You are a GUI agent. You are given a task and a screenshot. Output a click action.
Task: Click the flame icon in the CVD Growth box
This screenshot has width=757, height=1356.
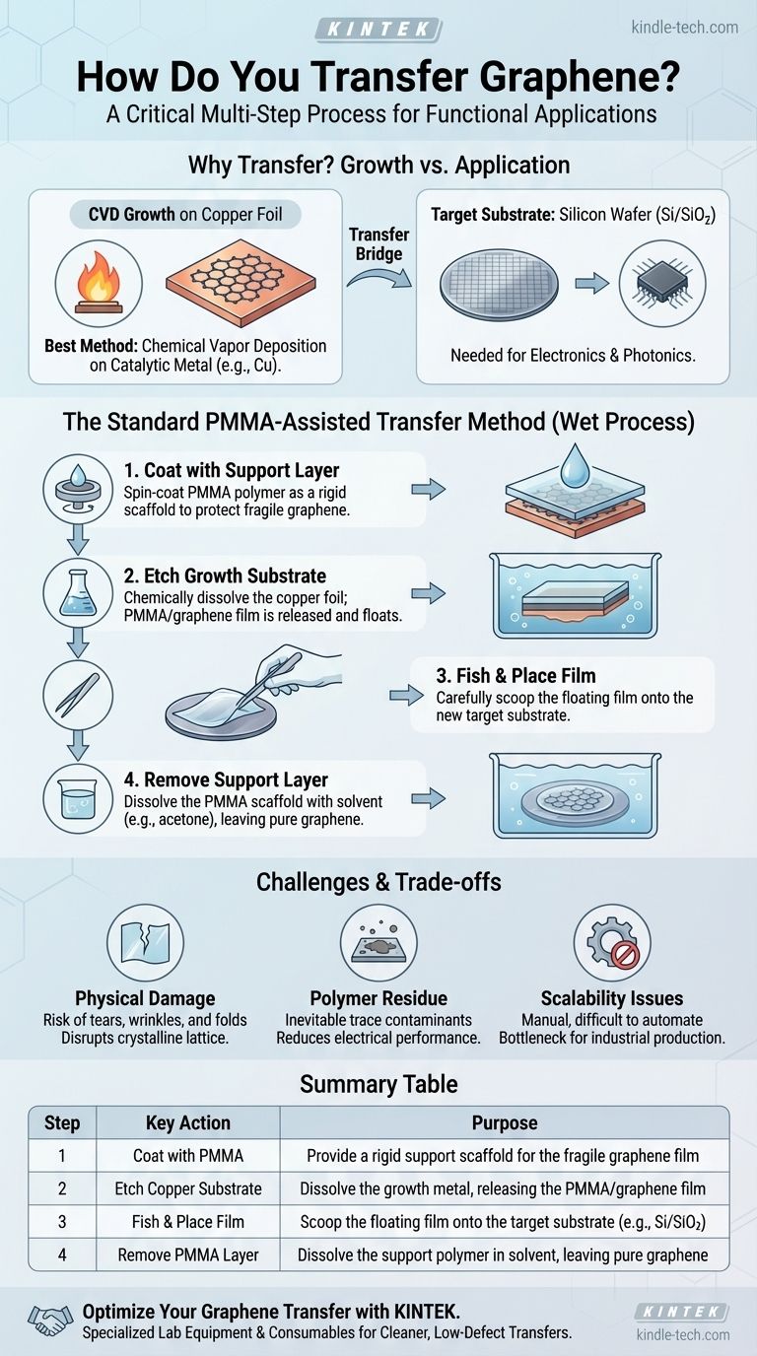(x=99, y=282)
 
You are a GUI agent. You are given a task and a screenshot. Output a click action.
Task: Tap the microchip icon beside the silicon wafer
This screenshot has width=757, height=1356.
(x=662, y=283)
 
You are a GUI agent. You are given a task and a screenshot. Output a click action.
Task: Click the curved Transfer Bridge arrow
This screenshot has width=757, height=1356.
(x=379, y=278)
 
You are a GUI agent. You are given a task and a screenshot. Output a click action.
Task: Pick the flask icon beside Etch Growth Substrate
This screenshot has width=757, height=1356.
(x=78, y=592)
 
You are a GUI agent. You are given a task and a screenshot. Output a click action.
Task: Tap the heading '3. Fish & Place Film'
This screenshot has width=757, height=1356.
(x=516, y=675)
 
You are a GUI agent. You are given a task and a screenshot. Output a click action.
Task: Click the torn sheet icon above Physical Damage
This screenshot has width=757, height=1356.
(x=145, y=941)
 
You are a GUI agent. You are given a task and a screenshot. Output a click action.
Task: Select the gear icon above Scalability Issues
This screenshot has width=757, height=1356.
(x=612, y=942)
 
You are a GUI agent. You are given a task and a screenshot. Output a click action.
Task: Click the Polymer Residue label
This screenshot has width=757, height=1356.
(x=378, y=998)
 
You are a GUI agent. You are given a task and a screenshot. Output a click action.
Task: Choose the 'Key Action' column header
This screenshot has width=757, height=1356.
(x=188, y=1123)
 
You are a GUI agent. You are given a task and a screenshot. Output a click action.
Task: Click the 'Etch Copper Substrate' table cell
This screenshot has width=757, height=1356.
(x=188, y=1188)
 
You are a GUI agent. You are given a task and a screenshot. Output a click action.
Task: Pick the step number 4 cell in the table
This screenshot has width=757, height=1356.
(x=62, y=1254)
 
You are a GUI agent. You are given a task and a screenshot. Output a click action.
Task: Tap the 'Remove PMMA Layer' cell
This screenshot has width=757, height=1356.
(x=188, y=1254)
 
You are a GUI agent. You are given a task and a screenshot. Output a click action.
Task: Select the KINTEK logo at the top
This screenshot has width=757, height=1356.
(x=378, y=29)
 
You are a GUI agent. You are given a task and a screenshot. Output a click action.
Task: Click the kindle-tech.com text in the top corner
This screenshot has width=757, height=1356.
(x=684, y=28)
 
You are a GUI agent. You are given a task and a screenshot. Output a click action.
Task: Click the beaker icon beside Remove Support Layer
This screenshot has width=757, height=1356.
(x=78, y=798)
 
